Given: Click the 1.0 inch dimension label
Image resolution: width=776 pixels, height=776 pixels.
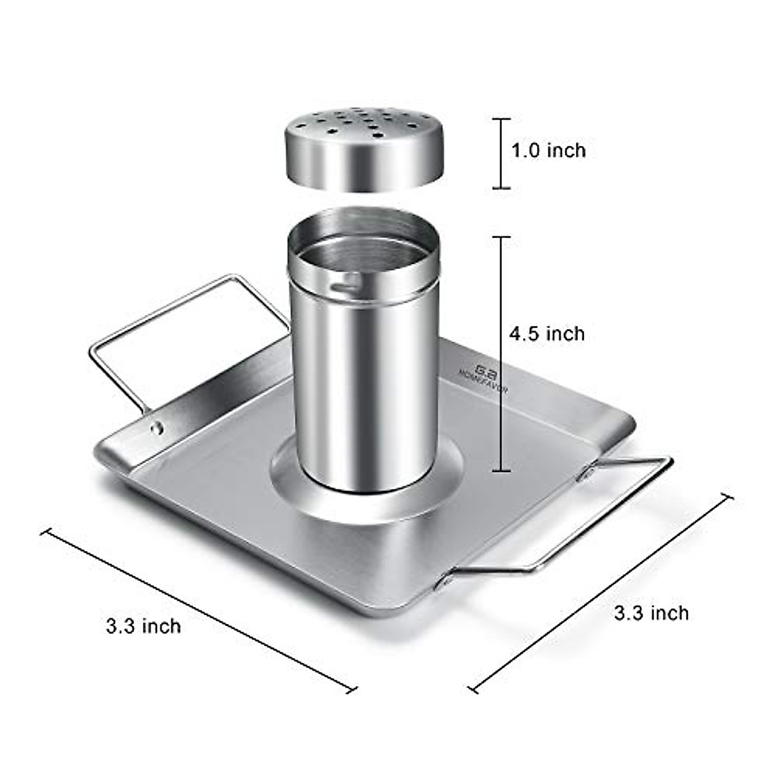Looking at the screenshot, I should [x=548, y=151].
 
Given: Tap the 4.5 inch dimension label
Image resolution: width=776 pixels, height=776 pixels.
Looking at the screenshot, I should [x=546, y=334].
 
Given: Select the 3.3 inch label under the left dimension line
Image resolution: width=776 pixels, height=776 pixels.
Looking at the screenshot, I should [x=144, y=626].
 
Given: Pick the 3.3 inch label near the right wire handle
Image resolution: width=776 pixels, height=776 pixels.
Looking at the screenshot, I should [x=651, y=612].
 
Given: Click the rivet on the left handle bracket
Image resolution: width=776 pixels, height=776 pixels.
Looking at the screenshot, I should [x=156, y=427].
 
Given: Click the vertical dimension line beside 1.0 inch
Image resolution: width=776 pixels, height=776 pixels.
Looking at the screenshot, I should [x=501, y=154].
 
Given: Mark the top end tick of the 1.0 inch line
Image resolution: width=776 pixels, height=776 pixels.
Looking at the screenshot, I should [x=501, y=119].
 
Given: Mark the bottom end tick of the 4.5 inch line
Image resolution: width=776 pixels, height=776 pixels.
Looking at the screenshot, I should [x=501, y=471].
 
